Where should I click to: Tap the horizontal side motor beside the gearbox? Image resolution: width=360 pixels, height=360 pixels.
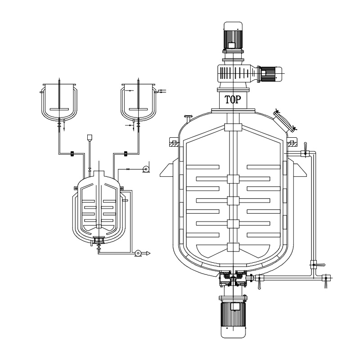tap(270, 72)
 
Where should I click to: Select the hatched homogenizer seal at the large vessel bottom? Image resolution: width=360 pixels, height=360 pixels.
tap(233, 279)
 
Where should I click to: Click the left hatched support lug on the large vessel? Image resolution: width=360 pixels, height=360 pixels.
tap(173, 144)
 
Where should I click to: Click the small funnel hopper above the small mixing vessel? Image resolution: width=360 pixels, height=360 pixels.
tap(90, 137)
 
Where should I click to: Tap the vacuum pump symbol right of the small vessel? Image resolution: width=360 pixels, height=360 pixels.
tap(145, 169)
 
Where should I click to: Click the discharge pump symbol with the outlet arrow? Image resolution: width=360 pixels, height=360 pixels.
tap(139, 254)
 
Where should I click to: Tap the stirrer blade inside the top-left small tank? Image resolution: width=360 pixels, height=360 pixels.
tap(59, 109)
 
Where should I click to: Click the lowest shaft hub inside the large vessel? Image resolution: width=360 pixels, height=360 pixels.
tap(233, 247)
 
